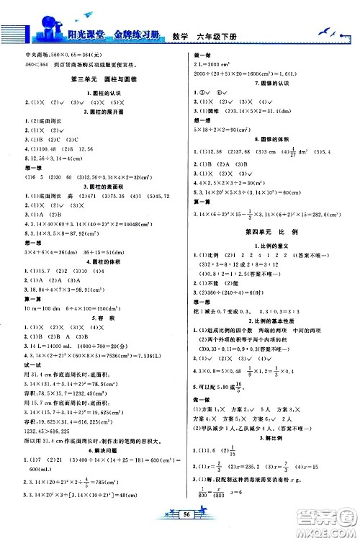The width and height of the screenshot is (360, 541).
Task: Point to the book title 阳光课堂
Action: coord(76,25)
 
